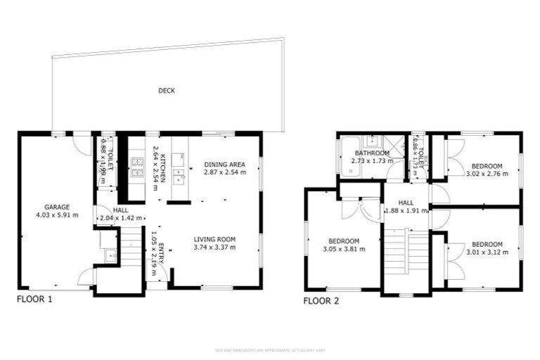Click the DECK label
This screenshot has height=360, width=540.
[167, 91]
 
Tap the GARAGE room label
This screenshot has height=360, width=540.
[56, 207]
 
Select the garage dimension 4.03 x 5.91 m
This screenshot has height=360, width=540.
[56, 214]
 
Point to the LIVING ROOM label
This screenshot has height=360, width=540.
[214, 239]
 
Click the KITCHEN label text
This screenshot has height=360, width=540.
[162, 169]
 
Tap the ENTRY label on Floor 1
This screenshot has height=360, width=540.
[162, 251]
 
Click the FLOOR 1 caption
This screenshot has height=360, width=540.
[34, 299]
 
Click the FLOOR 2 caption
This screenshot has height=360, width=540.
[321, 301]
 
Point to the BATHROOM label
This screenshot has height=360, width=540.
[371, 153]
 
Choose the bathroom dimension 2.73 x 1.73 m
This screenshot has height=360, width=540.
[371, 160]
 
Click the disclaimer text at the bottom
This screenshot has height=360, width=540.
[270, 350]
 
